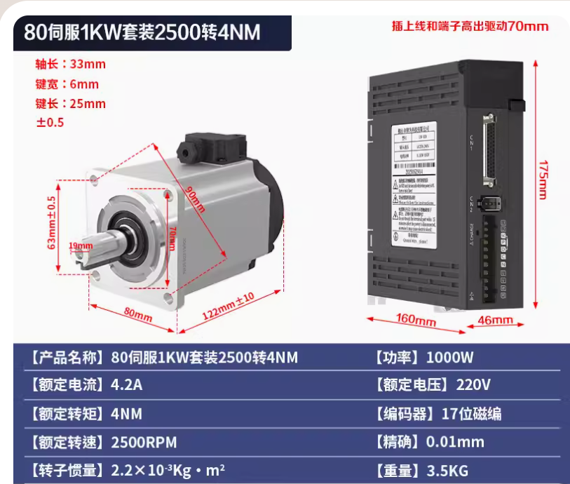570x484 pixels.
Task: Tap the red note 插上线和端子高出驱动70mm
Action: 470,27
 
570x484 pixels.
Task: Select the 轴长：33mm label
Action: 71,65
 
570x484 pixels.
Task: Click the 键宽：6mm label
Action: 67,84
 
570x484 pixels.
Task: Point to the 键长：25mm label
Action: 71,104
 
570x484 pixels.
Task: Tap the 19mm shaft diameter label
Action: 81,246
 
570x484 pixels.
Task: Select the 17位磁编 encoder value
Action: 471,414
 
